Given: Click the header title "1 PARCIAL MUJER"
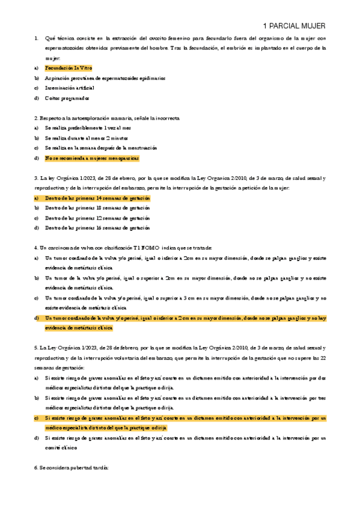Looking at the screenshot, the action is pos(295,26).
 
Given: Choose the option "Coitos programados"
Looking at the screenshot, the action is pos(67,97).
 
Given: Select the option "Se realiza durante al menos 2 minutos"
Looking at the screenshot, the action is pos(91,138).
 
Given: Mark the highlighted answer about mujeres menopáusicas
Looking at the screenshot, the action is pos(91,158).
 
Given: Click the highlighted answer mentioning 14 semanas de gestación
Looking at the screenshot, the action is pos(97,197).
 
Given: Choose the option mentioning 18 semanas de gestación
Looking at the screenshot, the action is pos(97,207).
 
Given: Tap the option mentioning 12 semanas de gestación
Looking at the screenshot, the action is pos(97,218).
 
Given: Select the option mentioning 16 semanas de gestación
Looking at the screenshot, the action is pos(97,228).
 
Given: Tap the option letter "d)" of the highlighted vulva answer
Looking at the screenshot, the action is pos(37,318).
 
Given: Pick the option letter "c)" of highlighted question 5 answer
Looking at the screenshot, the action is pos(37,417).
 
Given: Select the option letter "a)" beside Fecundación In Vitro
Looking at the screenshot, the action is pos(37,69).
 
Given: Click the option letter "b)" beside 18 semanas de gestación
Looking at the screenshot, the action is pos(37,207).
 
